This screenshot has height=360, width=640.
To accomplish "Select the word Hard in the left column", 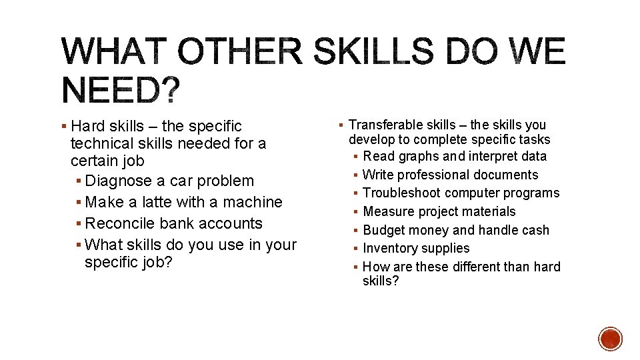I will pos(89,126).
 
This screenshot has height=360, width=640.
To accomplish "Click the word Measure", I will pos(387,212).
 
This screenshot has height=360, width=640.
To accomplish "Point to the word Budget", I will pos(384,231).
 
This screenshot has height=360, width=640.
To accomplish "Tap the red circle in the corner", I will pos(610,339).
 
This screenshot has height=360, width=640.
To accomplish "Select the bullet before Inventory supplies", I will pos(357,249).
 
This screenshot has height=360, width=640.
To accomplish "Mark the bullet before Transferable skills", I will pos(341,125).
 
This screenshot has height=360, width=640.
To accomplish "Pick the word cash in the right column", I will pos(537,231).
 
